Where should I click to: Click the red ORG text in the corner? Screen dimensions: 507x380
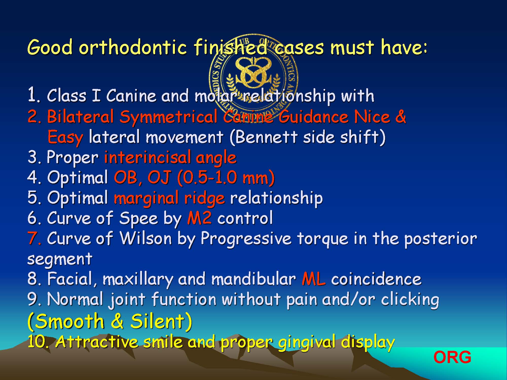pos(452,357)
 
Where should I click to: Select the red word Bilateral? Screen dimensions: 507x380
pos(80,117)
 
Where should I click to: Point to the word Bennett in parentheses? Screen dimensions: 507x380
pos(267,137)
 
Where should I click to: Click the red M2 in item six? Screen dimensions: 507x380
pos(199,218)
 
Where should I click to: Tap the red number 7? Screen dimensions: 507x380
pos(34,239)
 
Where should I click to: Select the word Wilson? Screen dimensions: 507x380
pos(146,238)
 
